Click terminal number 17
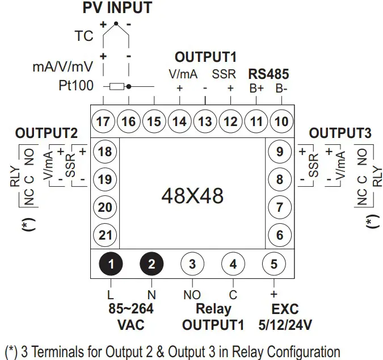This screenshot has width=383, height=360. click(104, 121)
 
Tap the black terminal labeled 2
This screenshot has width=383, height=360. click(151, 263)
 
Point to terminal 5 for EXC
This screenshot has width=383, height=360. click(274, 263)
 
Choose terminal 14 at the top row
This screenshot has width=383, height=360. click(179, 121)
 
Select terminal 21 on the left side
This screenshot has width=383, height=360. click(105, 235)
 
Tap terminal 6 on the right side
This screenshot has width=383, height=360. click(279, 235)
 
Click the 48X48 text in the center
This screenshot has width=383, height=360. click(192, 196)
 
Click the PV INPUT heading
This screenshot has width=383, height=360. click(117, 8)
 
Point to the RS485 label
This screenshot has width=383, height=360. click(268, 74)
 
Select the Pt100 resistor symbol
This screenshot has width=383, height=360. click(117, 87)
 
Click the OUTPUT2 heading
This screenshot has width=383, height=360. click(46, 134)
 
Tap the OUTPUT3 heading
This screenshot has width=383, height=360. click(340, 134)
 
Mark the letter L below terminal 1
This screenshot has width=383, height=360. click(111, 294)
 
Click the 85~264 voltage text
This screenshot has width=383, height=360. click(131, 309)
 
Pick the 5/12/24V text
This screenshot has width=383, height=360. click(284, 325)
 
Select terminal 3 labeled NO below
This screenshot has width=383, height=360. click(192, 263)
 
